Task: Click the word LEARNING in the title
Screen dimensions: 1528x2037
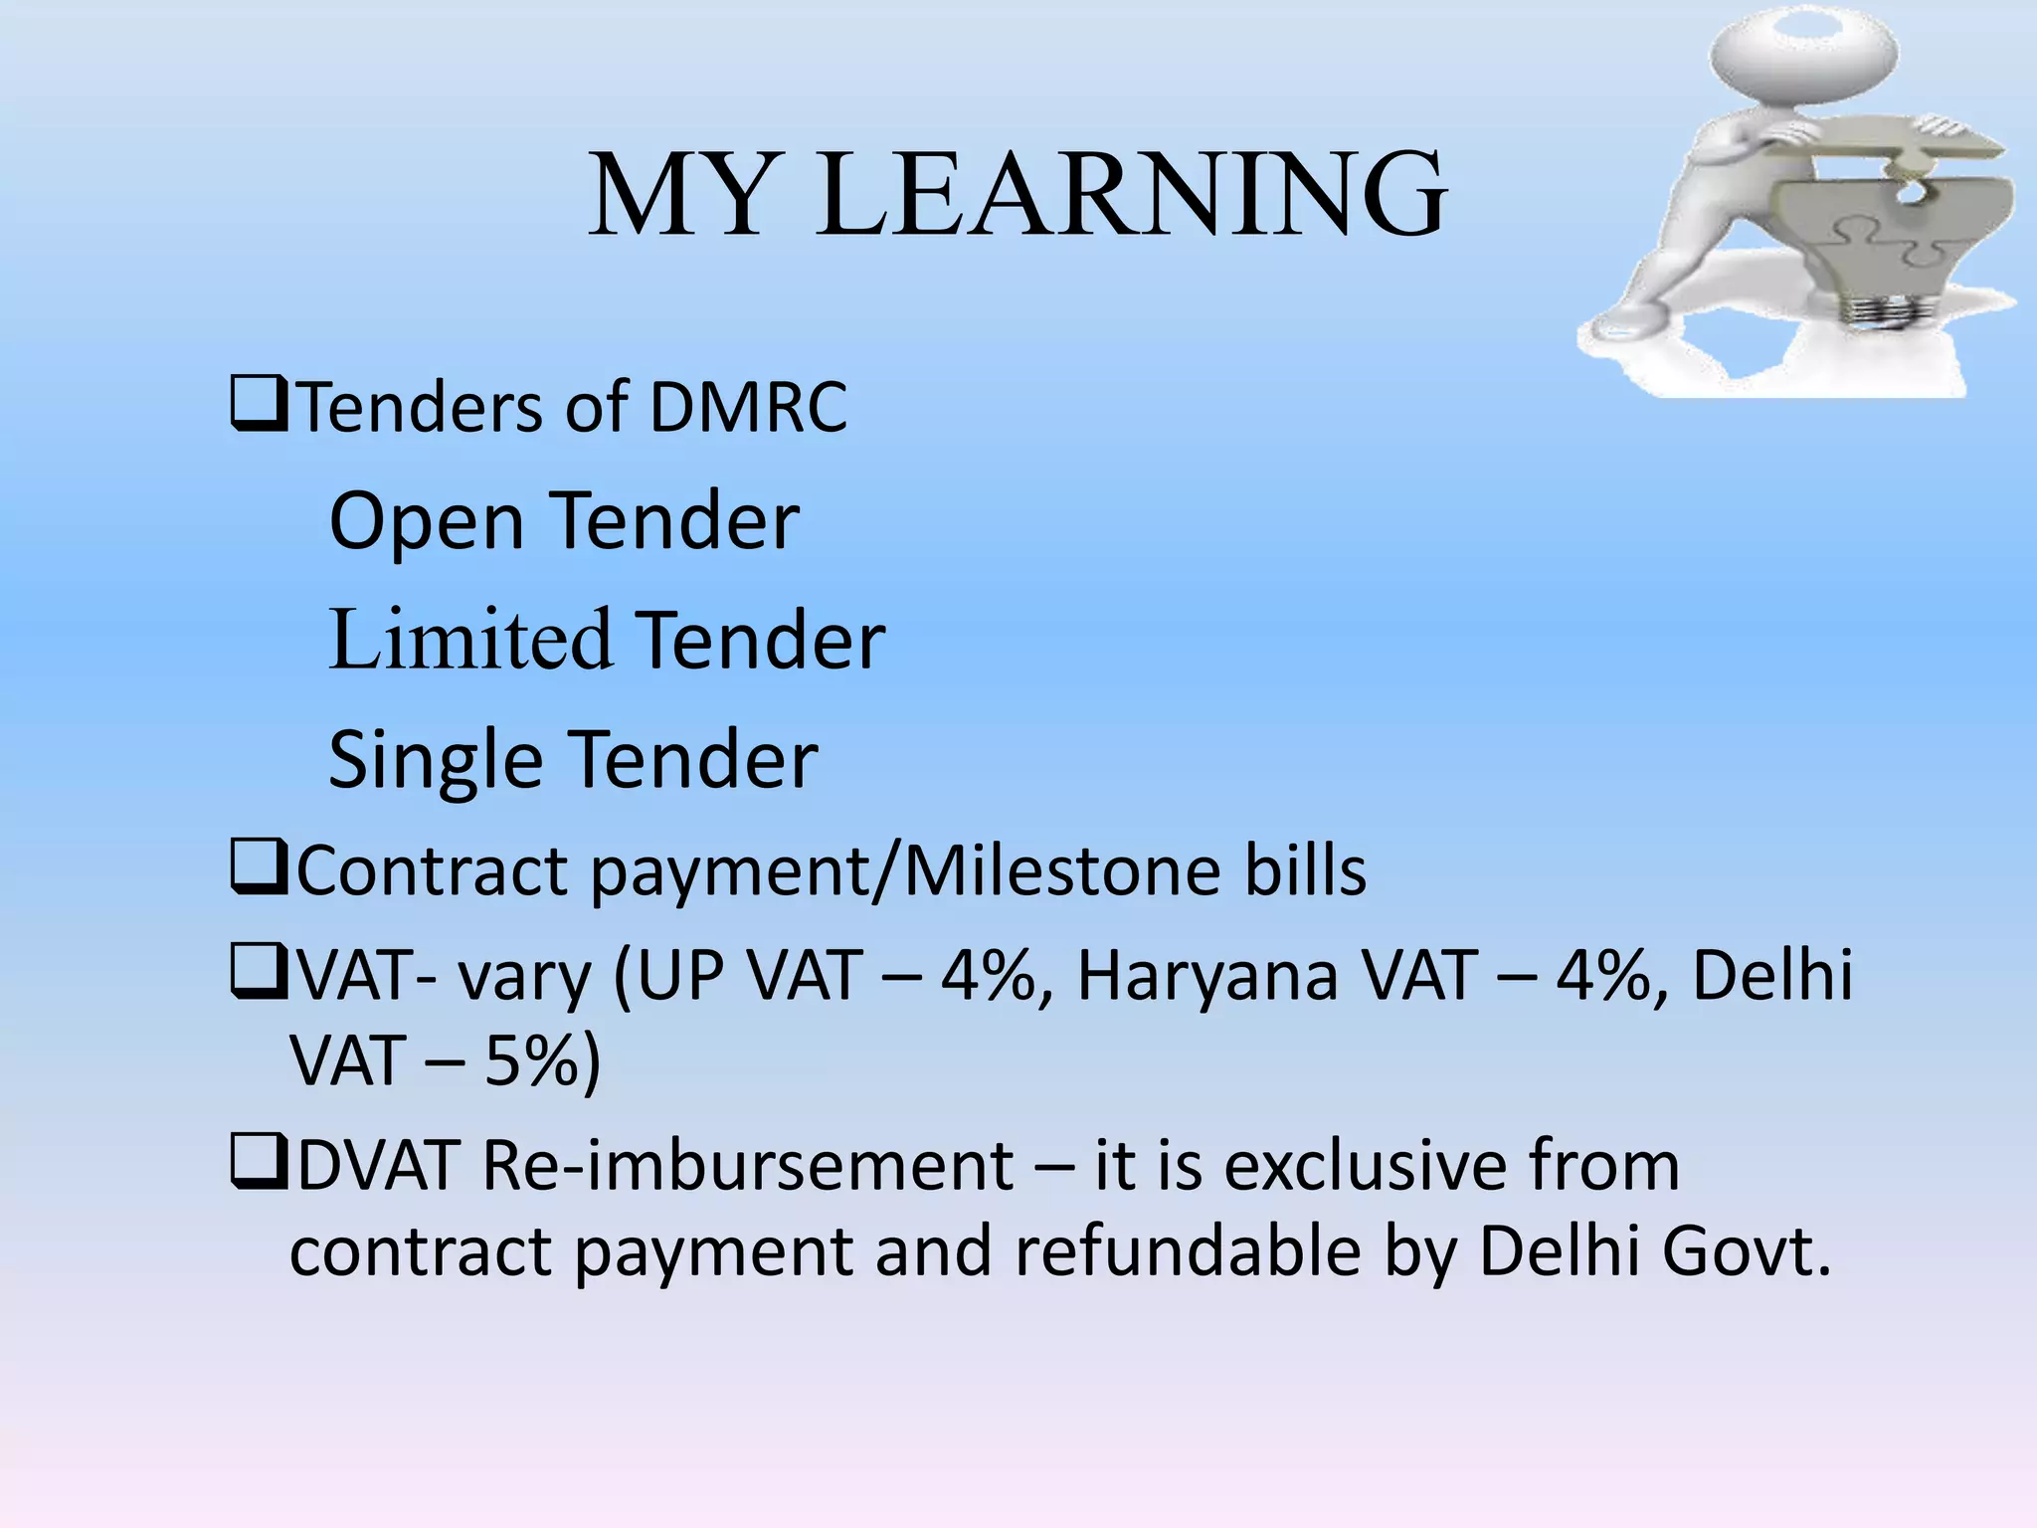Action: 1131,195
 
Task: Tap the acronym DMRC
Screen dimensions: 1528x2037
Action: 748,407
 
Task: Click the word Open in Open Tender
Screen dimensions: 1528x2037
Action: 426,522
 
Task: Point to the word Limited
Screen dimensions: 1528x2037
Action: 468,640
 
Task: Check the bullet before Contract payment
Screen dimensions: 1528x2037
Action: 259,866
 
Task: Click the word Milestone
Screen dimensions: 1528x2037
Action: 1061,871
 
